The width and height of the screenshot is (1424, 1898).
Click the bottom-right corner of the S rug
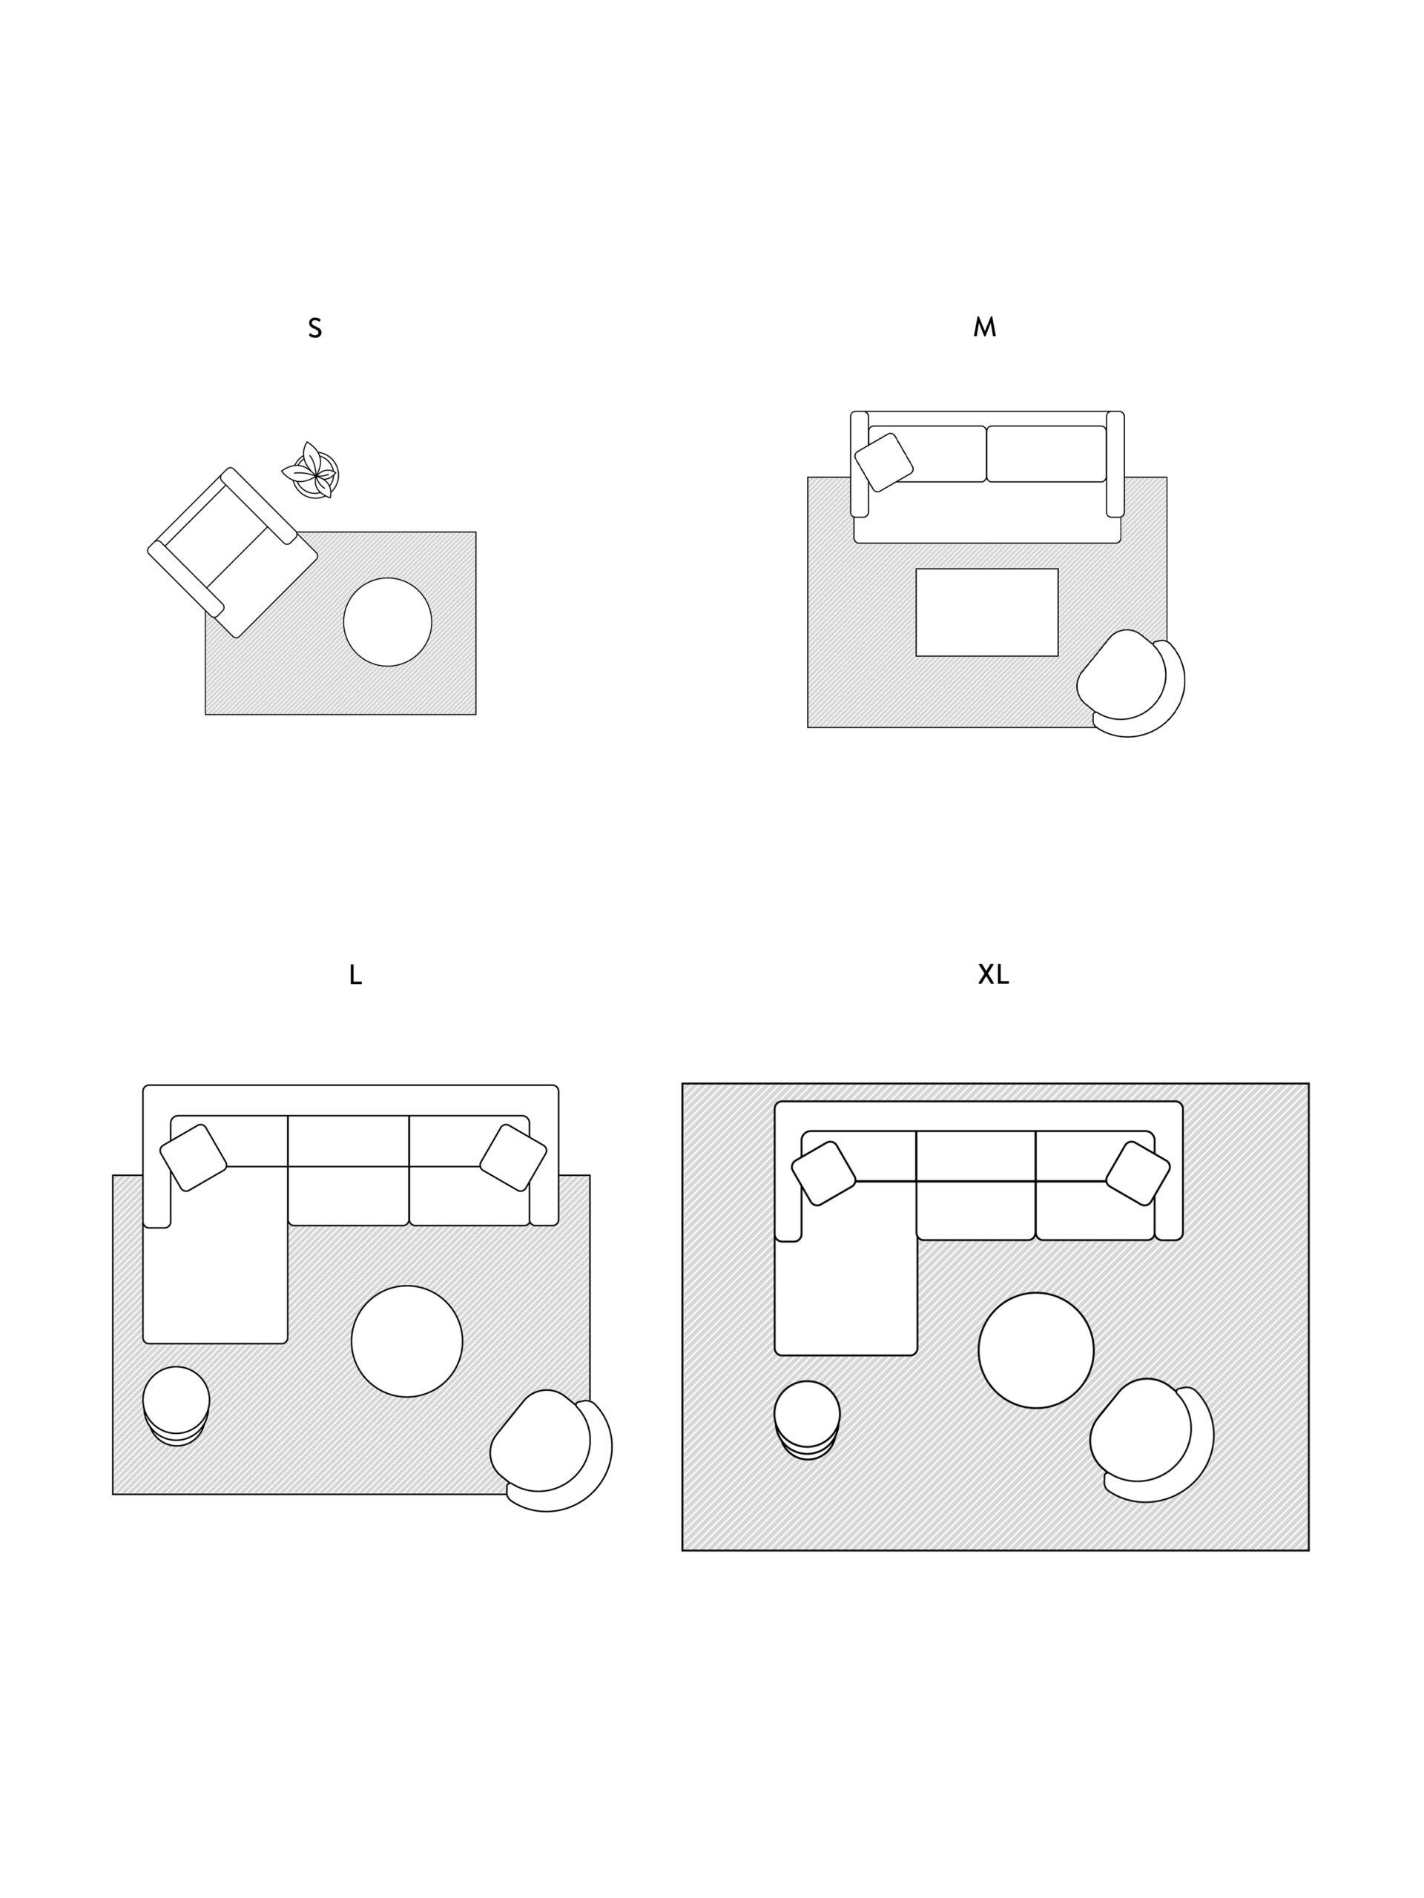point(475,714)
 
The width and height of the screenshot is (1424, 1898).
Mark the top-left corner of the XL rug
point(682,1084)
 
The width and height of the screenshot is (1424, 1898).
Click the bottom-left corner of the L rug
point(113,1494)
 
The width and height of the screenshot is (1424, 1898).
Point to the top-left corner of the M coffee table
point(917,569)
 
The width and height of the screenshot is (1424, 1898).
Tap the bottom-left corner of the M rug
point(808,727)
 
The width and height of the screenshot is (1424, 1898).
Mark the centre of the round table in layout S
point(387,621)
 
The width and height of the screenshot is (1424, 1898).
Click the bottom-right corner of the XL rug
point(1308,1550)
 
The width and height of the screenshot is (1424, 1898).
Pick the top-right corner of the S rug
point(475,532)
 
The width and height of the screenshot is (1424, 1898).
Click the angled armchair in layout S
point(233,552)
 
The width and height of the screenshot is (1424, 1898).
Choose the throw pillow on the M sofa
point(884,463)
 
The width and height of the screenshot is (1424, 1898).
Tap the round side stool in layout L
point(176,1406)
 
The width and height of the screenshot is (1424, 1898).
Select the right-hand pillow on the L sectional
point(512,1157)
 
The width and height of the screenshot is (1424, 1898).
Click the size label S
point(315,328)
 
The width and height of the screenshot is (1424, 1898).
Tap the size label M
point(984,327)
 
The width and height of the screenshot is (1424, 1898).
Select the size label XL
point(993,974)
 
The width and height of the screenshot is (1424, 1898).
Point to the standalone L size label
point(355,975)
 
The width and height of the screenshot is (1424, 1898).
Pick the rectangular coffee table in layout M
point(987,612)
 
